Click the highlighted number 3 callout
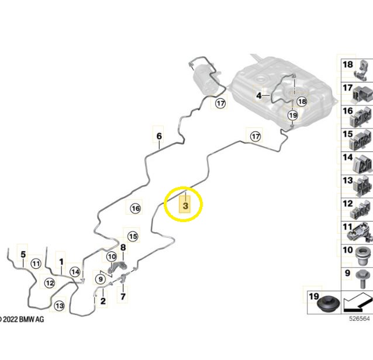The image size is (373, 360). coord(185,205)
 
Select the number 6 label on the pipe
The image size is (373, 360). coord(159,136)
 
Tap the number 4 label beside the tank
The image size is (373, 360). coord(259,96)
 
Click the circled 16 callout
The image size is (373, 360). coord(136,209)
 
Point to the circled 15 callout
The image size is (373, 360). coord(133,236)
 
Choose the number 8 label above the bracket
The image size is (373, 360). coord(123,247)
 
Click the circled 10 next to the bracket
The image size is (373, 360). coord(112,257)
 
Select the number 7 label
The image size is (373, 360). coord(123,296)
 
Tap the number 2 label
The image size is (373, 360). coord(103,301)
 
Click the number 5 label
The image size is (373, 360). coord(23,254)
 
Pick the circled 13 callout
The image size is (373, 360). coord(59,305)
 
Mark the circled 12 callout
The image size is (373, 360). coord(50,283)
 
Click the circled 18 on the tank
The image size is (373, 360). coord(302,102)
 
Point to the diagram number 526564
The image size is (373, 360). coord(360,319)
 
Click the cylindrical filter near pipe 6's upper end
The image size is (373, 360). coord(206,79)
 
